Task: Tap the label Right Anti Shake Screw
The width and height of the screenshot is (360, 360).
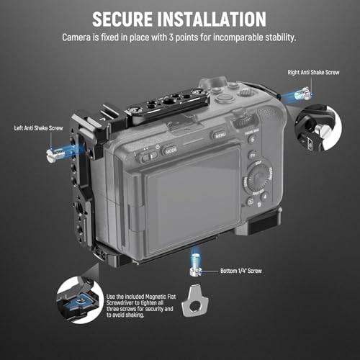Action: pos(313,73)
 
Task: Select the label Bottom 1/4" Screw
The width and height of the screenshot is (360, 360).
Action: pos(236,271)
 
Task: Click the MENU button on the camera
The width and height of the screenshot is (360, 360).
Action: pos(220,134)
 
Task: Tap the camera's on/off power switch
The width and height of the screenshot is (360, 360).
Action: pos(149,153)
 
